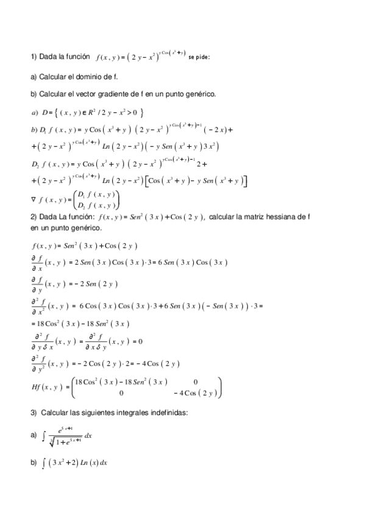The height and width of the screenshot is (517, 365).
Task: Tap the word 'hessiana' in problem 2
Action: (286, 218)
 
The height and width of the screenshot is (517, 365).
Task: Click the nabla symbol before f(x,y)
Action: (34, 199)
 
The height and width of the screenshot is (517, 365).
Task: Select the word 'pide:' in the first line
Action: (203, 58)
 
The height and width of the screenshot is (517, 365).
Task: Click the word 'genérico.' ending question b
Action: (199, 94)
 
